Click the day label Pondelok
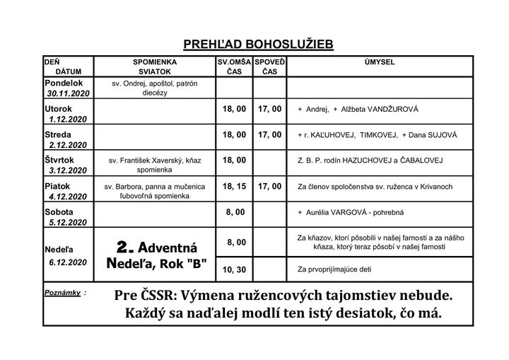pyautogui.click(x=64, y=83)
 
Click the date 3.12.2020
pyautogui.click(x=68, y=170)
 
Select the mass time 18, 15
pyautogui.click(x=235, y=186)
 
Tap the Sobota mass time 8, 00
pyautogui.click(x=235, y=211)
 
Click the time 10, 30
pyautogui.click(x=235, y=269)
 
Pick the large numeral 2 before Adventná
pyautogui.click(x=125, y=247)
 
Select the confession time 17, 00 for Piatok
pyautogui.click(x=269, y=186)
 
